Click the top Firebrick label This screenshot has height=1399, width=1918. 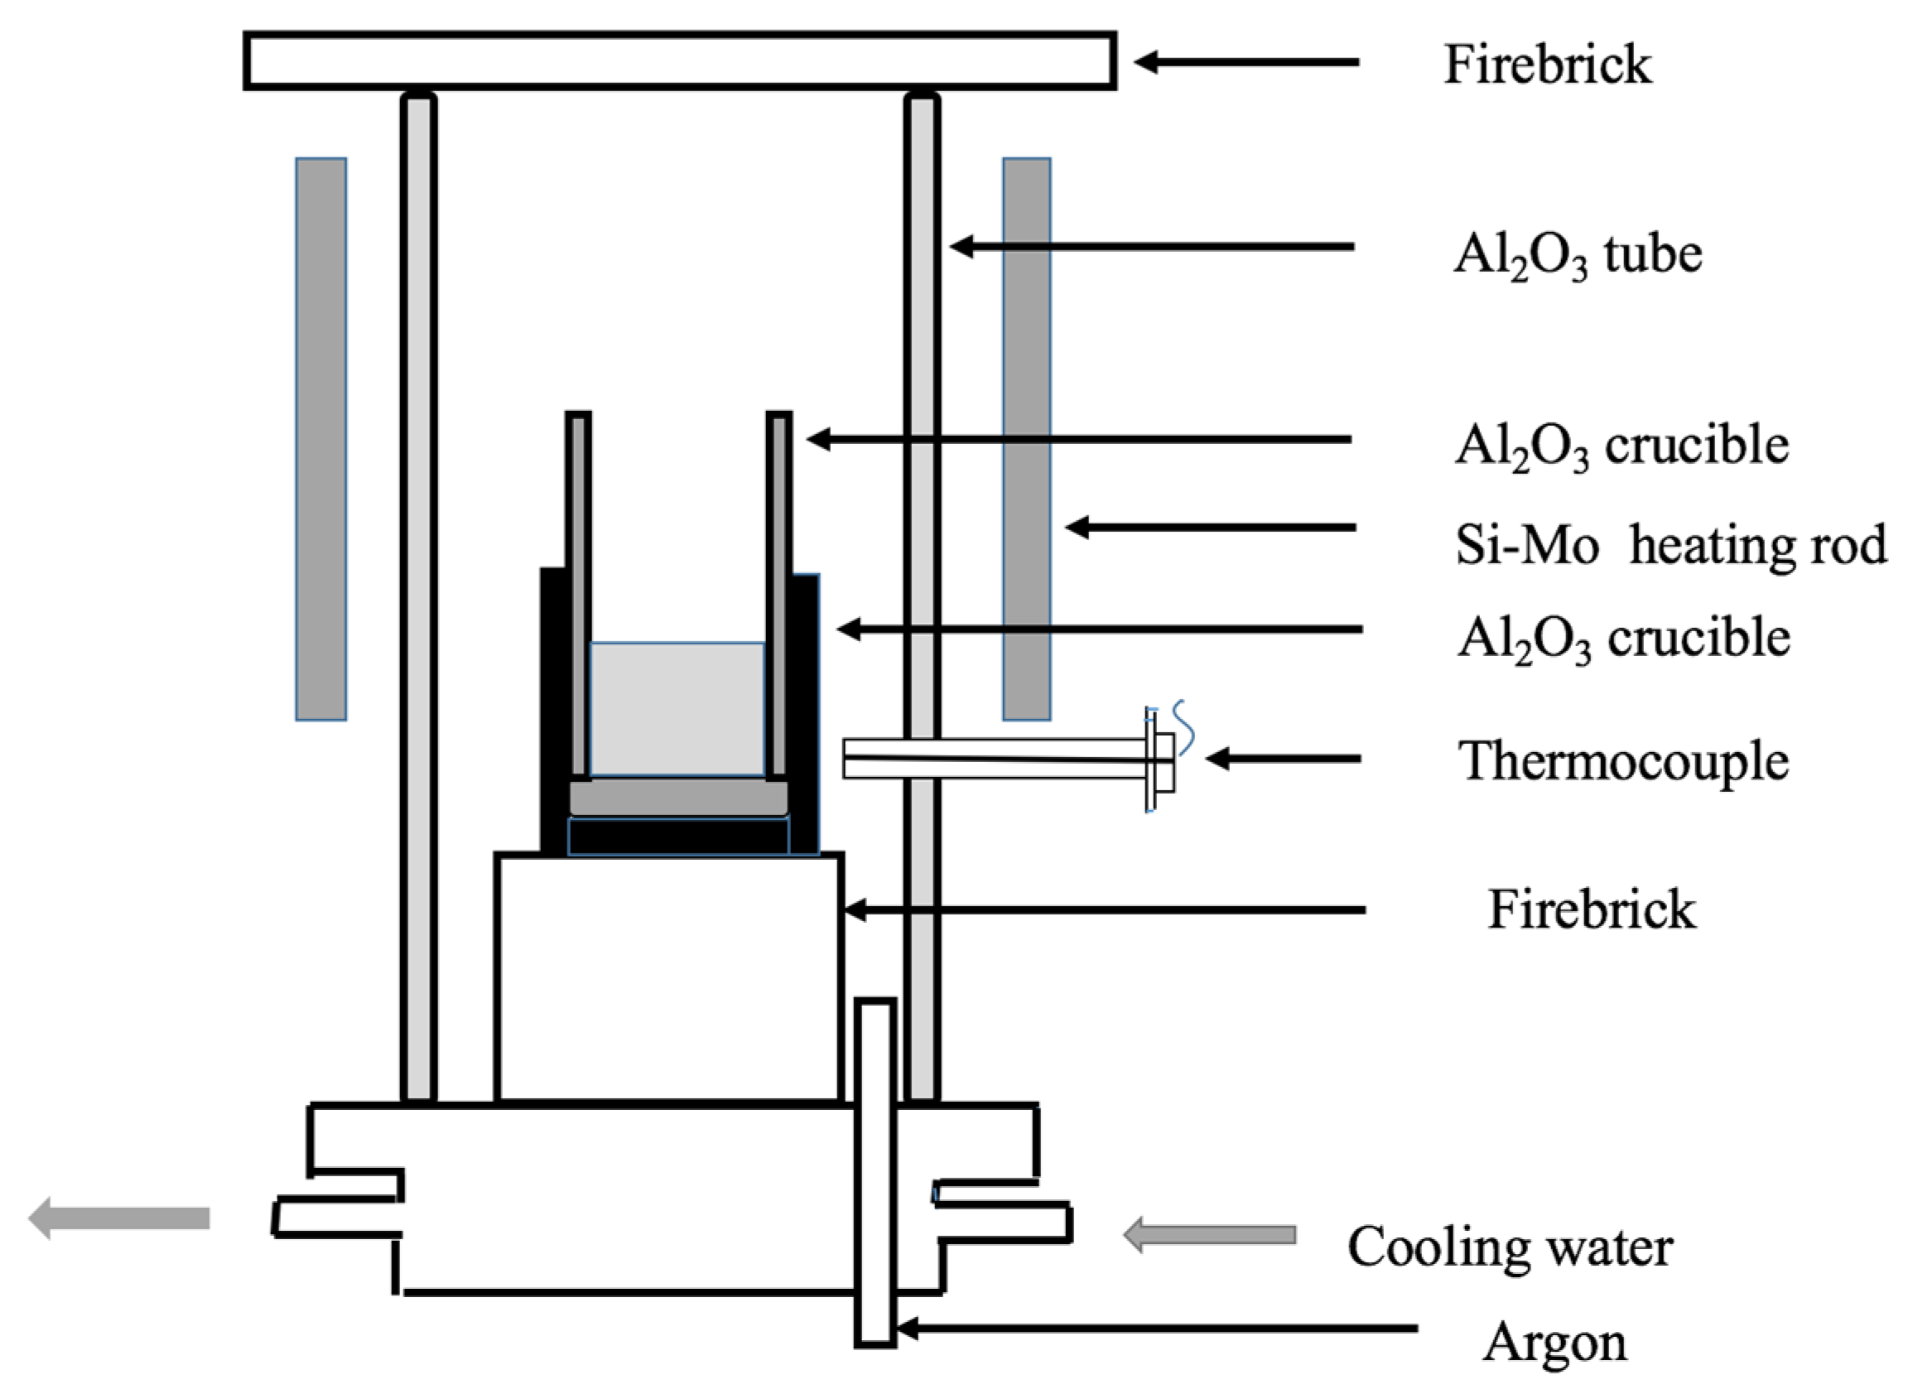pyautogui.click(x=1547, y=65)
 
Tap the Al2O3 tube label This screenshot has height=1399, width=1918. pyautogui.click(x=1578, y=254)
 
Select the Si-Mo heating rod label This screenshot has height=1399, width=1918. pyautogui.click(x=1670, y=544)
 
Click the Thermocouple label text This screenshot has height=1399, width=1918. pyautogui.click(x=1622, y=760)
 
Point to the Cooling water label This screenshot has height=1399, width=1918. pyautogui.click(x=1510, y=1247)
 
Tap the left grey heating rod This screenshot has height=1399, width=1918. pyautogui.click(x=321, y=439)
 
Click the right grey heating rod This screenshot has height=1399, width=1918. pyautogui.click(x=1026, y=439)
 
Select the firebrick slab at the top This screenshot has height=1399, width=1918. pyautogui.click(x=679, y=61)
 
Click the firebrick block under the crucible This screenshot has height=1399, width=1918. pyautogui.click(x=669, y=978)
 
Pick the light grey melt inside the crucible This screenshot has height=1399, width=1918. pyautogui.click(x=677, y=709)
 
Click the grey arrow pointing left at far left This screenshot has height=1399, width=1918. pyautogui.click(x=118, y=1218)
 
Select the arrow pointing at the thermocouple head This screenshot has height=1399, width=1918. pyautogui.click(x=1282, y=759)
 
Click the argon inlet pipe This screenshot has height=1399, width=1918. pyautogui.click(x=875, y=1172)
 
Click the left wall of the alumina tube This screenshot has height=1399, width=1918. pyautogui.click(x=418, y=593)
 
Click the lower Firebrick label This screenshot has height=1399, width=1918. pyautogui.click(x=1591, y=910)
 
